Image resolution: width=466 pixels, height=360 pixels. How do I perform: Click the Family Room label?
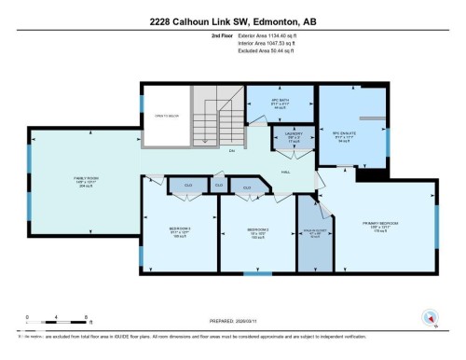(87, 180)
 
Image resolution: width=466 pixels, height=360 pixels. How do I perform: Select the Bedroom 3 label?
(181, 229)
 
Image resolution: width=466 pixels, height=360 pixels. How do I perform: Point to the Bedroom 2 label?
(258, 229)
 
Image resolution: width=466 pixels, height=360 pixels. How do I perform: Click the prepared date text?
(232, 316)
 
